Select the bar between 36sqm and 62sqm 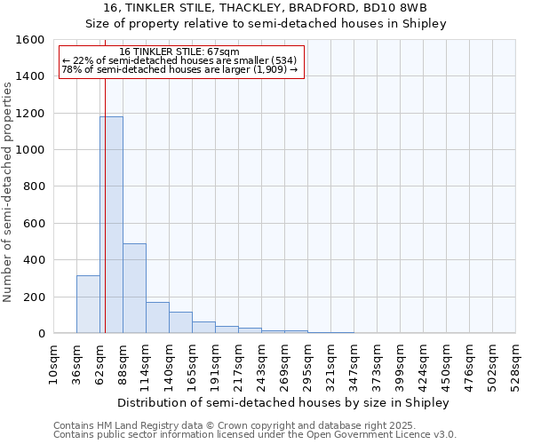coord(88,305)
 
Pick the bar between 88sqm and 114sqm coord(134,289)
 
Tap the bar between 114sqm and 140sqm coord(157,318)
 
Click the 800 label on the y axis coord(34,186)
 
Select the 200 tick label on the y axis coord(34,297)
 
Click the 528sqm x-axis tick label coord(516,364)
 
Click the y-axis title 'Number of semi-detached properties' coord(8,191)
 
